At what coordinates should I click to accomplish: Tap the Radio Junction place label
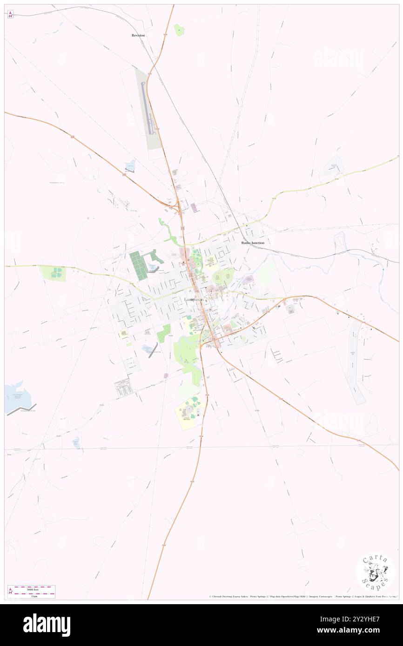coord(253,243)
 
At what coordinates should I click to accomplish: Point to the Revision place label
coord(138,35)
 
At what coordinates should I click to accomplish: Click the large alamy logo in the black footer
coord(47,625)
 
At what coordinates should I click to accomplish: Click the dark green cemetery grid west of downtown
coord(138,265)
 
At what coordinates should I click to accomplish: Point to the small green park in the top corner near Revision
coord(179,30)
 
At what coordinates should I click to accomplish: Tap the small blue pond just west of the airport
coord(130,165)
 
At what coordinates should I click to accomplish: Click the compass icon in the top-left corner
coord(10,14)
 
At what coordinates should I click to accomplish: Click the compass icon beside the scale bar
coord(10,592)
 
